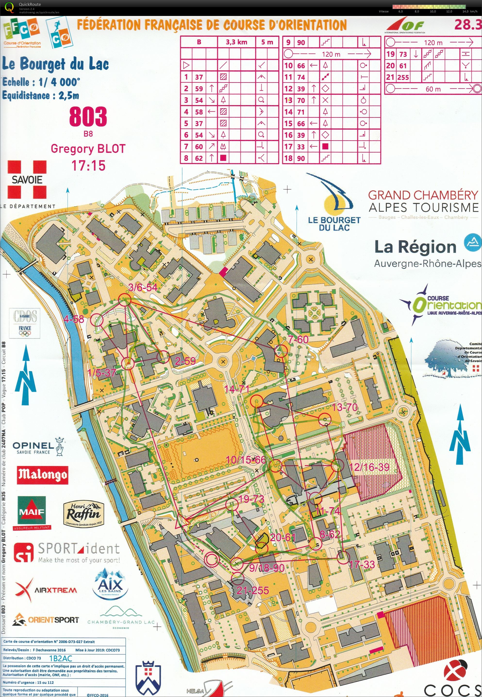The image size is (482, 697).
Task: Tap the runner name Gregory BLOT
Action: click(88, 149)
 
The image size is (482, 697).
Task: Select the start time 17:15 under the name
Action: click(88, 166)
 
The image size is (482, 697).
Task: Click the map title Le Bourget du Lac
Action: click(55, 64)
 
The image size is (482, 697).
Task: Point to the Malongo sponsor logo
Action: click(42, 475)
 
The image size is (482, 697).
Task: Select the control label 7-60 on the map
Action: click(298, 340)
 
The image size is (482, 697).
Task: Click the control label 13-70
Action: click(345, 407)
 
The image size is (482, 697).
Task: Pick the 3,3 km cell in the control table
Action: click(236, 42)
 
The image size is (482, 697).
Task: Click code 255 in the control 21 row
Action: click(403, 77)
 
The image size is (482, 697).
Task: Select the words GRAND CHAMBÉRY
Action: click(424, 195)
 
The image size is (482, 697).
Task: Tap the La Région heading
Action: click(415, 247)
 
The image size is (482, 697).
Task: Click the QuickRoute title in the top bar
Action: click(30, 4)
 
